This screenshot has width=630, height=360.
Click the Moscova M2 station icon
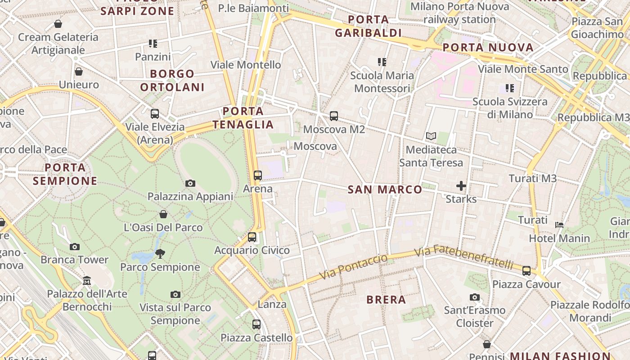333,116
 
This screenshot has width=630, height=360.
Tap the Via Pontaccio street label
353,266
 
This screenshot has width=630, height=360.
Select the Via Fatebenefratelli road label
463,257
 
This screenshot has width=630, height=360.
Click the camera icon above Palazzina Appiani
190,183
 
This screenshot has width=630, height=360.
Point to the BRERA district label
386,300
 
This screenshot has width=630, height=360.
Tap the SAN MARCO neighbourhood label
385,189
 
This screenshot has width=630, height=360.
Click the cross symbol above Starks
461,185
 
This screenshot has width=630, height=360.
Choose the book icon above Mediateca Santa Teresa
431,136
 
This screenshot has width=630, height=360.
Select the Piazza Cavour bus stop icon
526,271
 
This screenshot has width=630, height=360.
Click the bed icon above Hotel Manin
559,225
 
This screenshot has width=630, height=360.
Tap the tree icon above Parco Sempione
160,254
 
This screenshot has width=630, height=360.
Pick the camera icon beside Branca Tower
75,247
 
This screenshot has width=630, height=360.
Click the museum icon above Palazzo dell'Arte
87,281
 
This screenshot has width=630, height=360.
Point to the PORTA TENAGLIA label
243,118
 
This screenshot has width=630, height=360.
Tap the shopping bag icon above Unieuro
79,72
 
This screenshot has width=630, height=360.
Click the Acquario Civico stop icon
252,237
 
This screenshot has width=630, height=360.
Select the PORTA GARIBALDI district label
368,26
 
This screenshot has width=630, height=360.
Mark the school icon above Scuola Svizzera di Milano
509,88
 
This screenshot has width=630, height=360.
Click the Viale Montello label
246,65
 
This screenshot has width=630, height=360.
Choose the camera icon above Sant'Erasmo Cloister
474,297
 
